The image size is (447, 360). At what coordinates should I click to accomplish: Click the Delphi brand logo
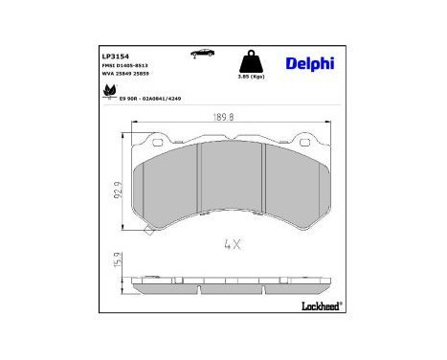(310, 63)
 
